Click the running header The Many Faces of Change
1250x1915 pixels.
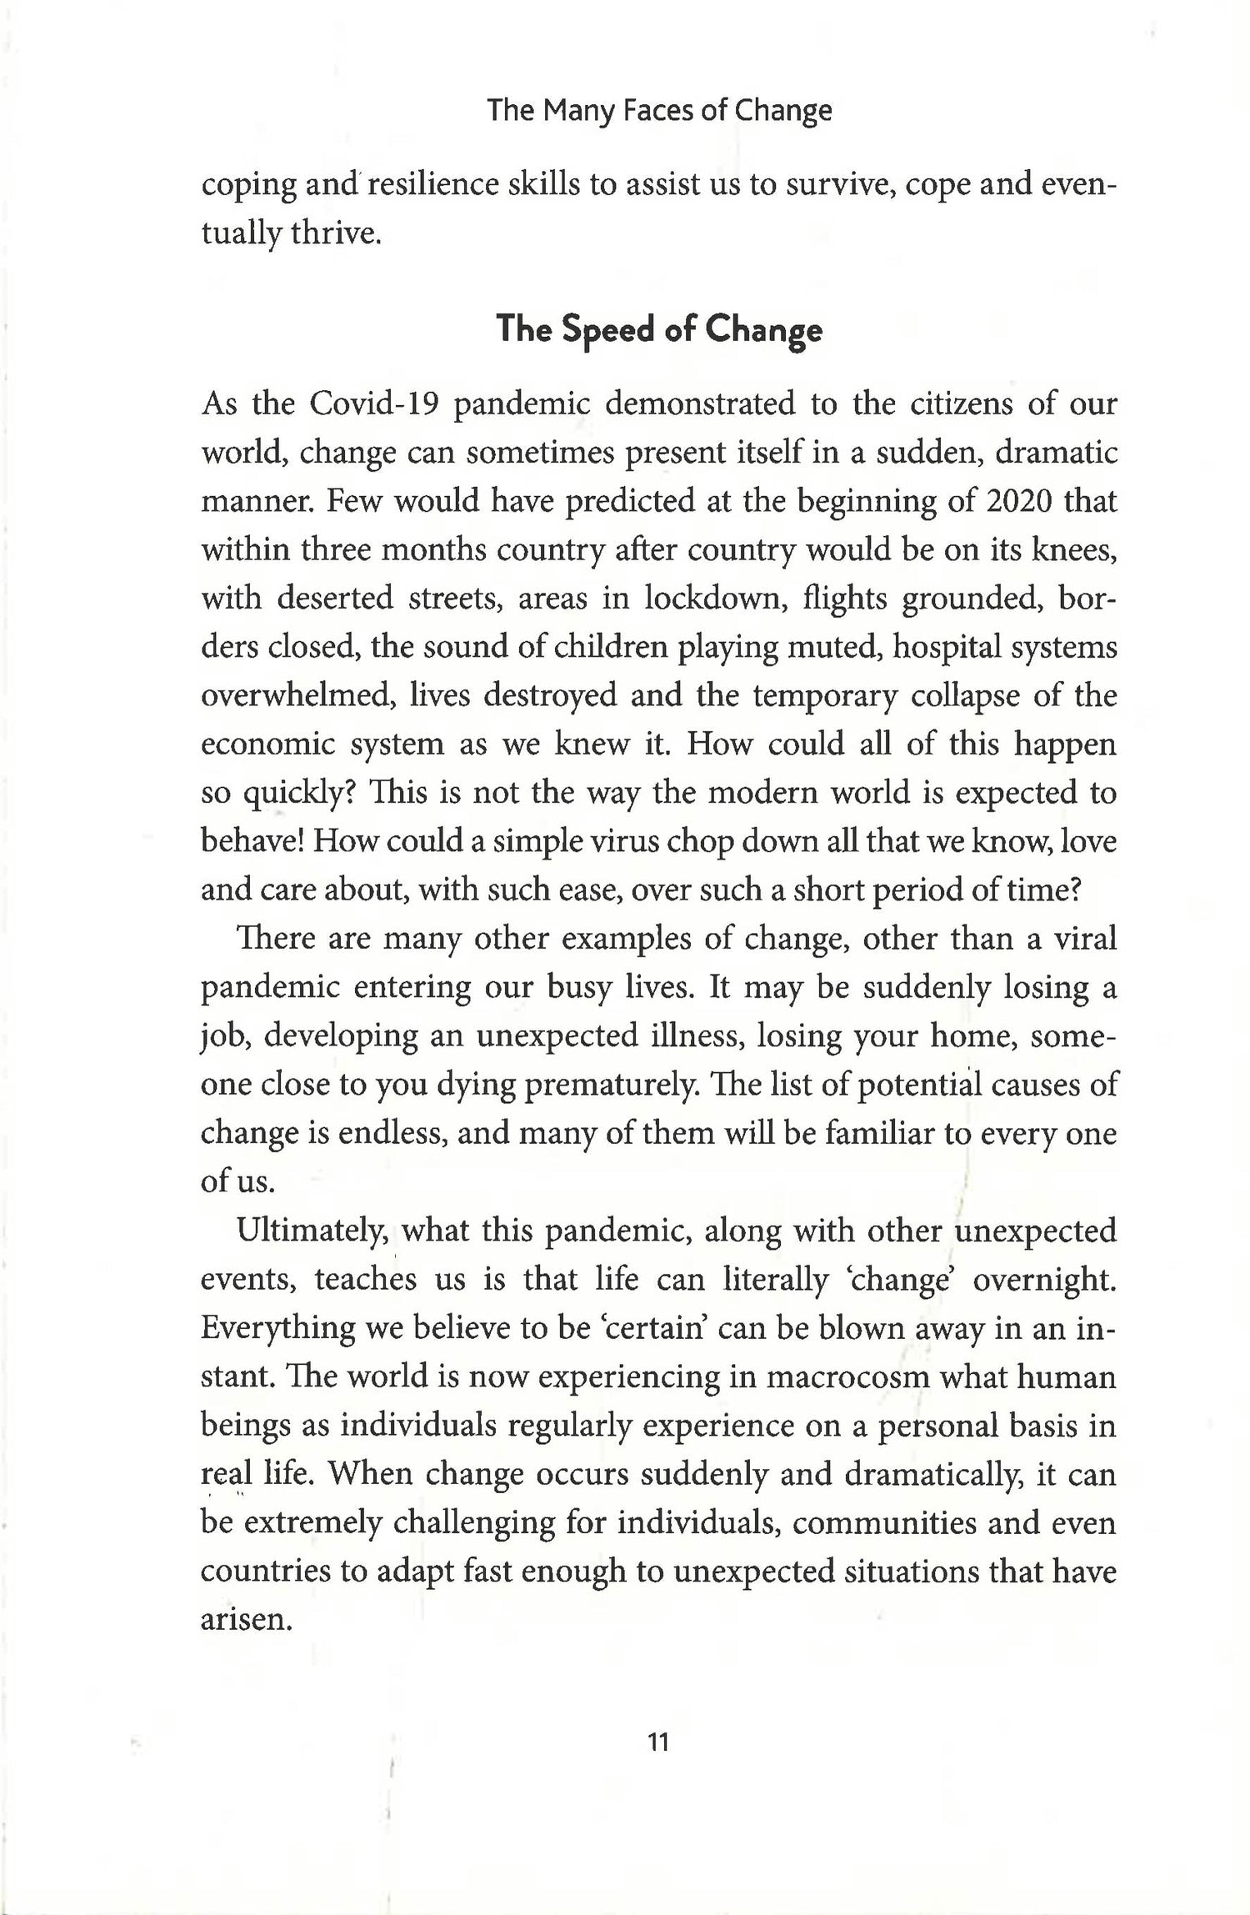pyautogui.click(x=658, y=111)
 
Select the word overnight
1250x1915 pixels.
pyautogui.click(x=1044, y=1280)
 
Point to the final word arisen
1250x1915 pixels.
pyautogui.click(x=245, y=1620)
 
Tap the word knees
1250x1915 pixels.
pyautogui.click(x=1074, y=550)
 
